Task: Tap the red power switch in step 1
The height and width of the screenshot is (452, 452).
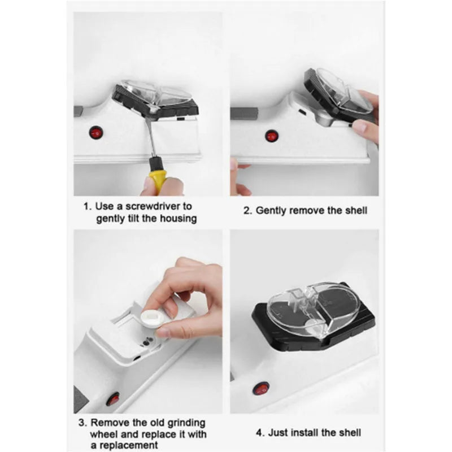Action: (96, 133)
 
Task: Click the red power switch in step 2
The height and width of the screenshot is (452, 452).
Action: (271, 136)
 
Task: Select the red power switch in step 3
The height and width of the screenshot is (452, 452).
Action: (112, 399)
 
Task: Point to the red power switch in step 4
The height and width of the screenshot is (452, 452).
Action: (261, 389)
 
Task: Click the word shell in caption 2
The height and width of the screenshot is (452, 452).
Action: (356, 210)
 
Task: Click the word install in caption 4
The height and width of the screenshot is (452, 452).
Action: (305, 433)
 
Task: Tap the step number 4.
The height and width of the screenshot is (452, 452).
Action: (260, 433)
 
